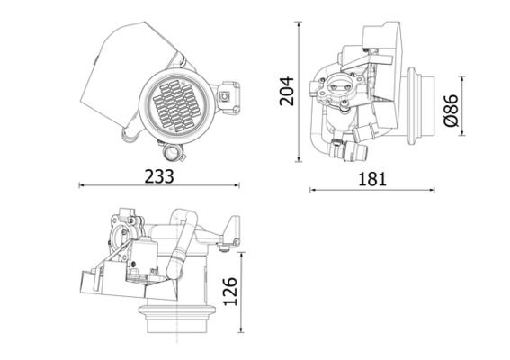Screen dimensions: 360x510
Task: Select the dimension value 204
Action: tap(286, 91)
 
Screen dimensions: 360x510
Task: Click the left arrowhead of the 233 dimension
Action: tap(82, 186)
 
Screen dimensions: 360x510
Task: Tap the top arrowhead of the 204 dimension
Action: tap(300, 21)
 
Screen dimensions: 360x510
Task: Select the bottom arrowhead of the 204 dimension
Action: tap(300, 162)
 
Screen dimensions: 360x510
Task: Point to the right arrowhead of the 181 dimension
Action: tap(433, 190)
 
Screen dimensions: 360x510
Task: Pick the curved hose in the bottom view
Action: tap(180, 238)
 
